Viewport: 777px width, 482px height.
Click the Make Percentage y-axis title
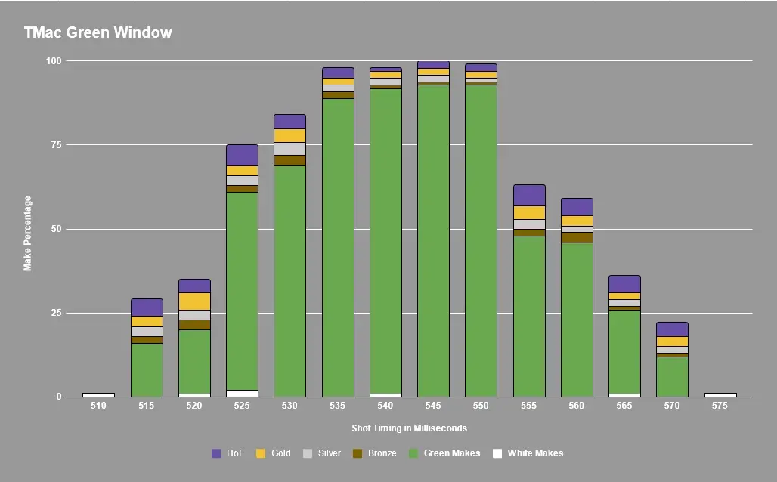click(28, 233)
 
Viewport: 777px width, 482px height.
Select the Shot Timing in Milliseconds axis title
click(409, 428)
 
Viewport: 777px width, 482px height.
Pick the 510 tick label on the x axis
click(98, 406)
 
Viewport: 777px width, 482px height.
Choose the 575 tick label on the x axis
click(720, 406)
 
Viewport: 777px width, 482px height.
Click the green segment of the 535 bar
click(338, 249)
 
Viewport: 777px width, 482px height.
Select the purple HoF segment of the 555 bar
click(529, 195)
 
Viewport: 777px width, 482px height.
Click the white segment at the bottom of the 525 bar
click(242, 393)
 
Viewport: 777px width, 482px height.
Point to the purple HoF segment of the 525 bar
click(242, 155)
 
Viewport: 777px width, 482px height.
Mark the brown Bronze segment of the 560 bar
click(577, 237)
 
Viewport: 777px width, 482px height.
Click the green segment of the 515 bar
click(147, 370)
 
